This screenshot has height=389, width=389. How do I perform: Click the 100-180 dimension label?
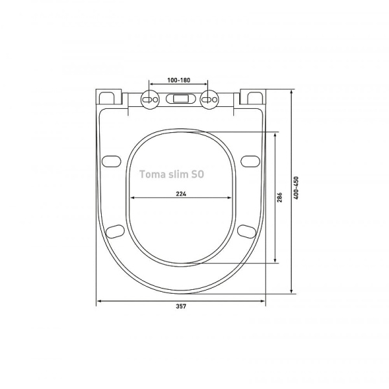178,79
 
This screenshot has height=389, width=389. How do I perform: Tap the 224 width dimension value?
181,193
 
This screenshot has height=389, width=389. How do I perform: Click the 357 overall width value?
182,307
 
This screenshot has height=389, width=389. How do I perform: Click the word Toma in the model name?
152,174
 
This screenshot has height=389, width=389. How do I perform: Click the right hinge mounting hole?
209,99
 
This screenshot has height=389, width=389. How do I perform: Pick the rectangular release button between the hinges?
180,99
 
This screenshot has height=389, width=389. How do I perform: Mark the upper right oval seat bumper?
249,160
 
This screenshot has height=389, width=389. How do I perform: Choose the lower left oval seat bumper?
116,230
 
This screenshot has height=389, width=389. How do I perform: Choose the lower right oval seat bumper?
246,230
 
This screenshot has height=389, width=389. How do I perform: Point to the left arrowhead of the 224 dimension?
132,198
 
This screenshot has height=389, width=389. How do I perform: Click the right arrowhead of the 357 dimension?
263,301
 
